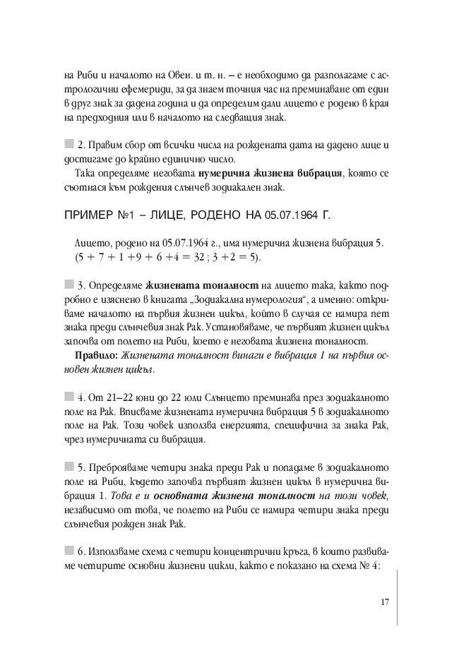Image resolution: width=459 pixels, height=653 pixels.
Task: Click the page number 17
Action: (384, 602)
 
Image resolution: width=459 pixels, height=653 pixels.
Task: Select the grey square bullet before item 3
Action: (68, 284)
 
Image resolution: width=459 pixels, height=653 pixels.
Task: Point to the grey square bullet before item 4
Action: (68, 394)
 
